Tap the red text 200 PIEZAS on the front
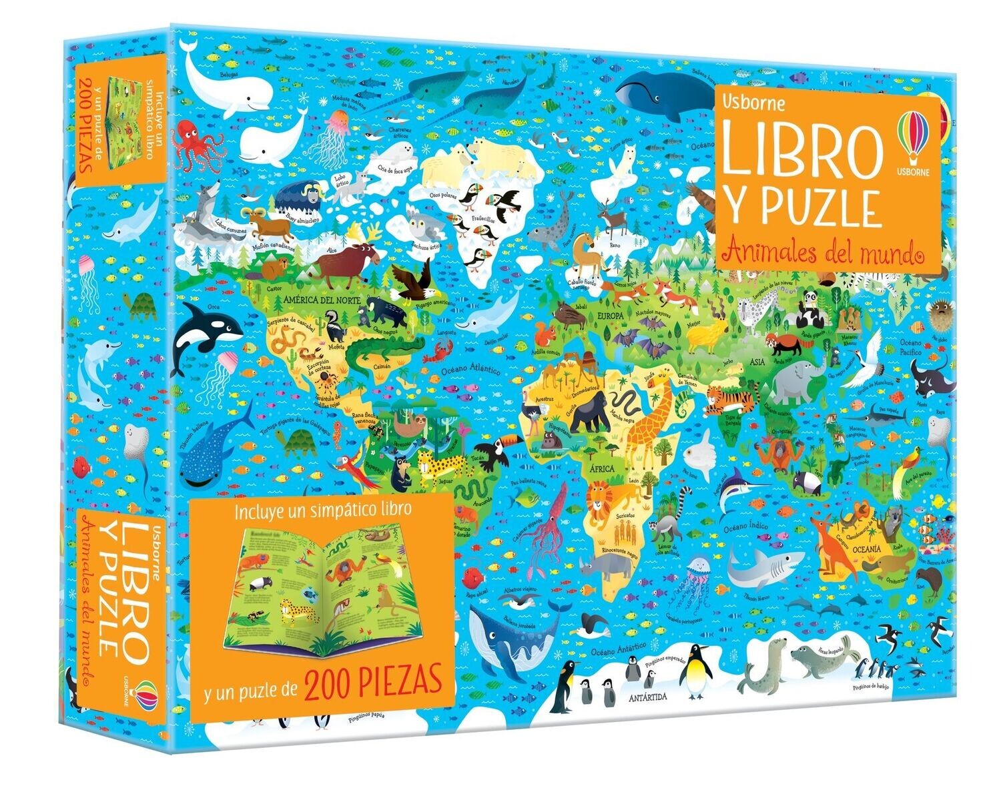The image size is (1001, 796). tap(374, 682)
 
